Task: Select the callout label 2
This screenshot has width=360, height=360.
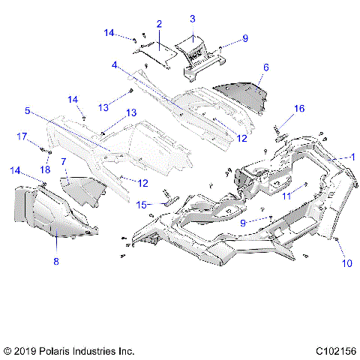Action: point(159,25)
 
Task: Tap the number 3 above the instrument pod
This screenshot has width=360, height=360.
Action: point(192,18)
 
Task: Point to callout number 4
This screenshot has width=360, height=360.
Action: point(115,65)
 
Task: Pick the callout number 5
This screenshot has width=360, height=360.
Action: point(28,110)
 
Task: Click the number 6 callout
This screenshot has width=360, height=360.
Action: point(265,67)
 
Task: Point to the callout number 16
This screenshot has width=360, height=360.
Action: point(299,109)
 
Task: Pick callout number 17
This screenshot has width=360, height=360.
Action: point(22,136)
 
